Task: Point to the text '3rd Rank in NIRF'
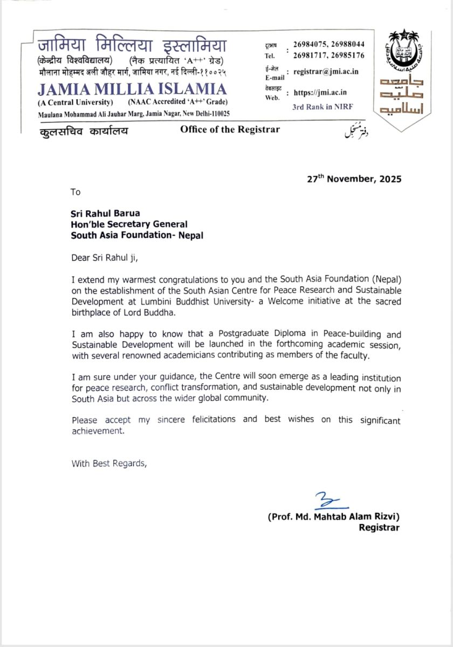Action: tap(322, 106)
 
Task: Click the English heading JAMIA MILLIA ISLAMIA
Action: tap(132, 90)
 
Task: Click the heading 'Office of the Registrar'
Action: tap(230, 129)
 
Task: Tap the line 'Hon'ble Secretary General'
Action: tap(129, 224)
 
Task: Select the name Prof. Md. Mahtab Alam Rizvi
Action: tap(334, 517)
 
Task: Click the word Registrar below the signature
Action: tap(379, 528)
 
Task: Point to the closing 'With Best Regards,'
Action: tap(108, 463)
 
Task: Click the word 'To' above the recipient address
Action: tap(75, 191)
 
